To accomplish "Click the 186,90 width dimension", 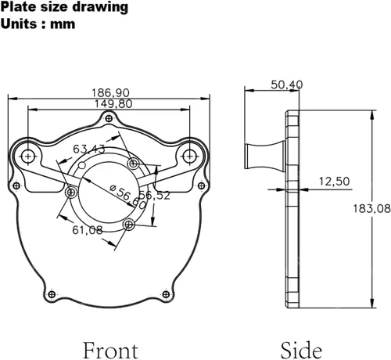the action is click(110, 93).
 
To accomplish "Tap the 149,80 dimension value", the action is click(113, 104).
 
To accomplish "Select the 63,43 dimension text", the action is click(89, 149).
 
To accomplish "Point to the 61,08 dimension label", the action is click(88, 230).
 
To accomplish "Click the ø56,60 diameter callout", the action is click(128, 196).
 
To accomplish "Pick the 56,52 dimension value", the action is click(155, 196).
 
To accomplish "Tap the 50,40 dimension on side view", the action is click(287, 85).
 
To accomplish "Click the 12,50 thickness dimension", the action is click(334, 182).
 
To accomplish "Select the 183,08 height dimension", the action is click(371, 209).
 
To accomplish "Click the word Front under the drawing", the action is click(110, 351).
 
